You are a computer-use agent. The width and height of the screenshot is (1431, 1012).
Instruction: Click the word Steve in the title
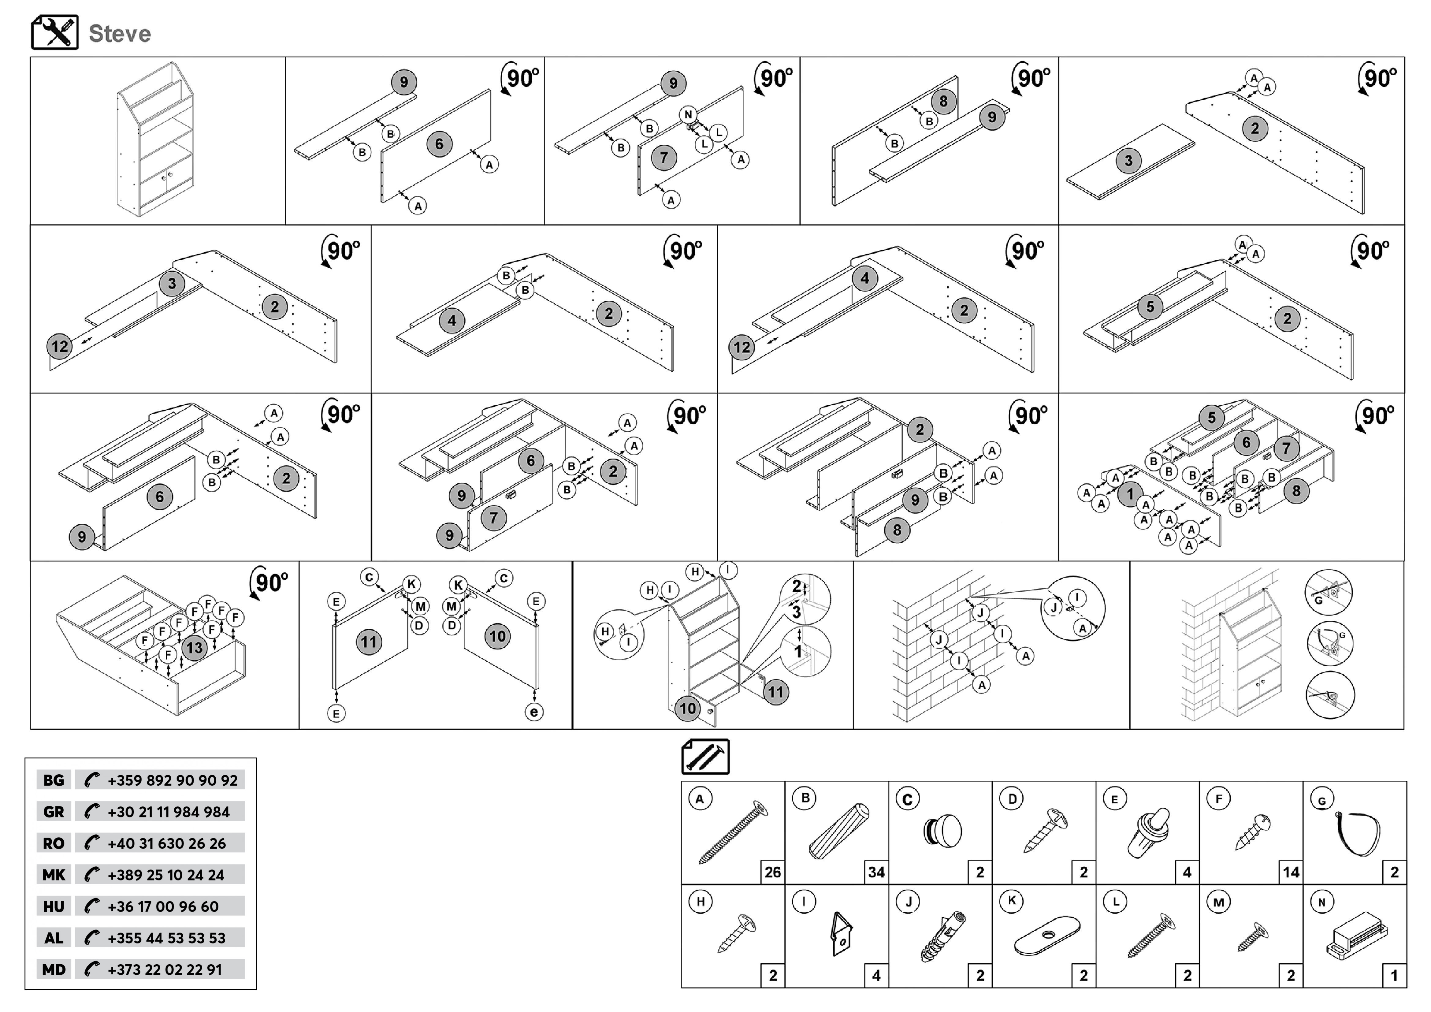click(120, 34)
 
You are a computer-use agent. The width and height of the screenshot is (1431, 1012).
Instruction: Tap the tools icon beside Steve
click(55, 32)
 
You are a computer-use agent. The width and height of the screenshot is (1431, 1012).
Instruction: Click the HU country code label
click(54, 907)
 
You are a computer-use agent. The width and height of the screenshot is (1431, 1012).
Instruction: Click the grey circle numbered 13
click(195, 647)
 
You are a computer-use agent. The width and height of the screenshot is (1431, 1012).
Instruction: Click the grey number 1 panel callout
click(1130, 494)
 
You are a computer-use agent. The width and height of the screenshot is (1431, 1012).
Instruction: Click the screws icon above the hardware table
click(705, 757)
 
